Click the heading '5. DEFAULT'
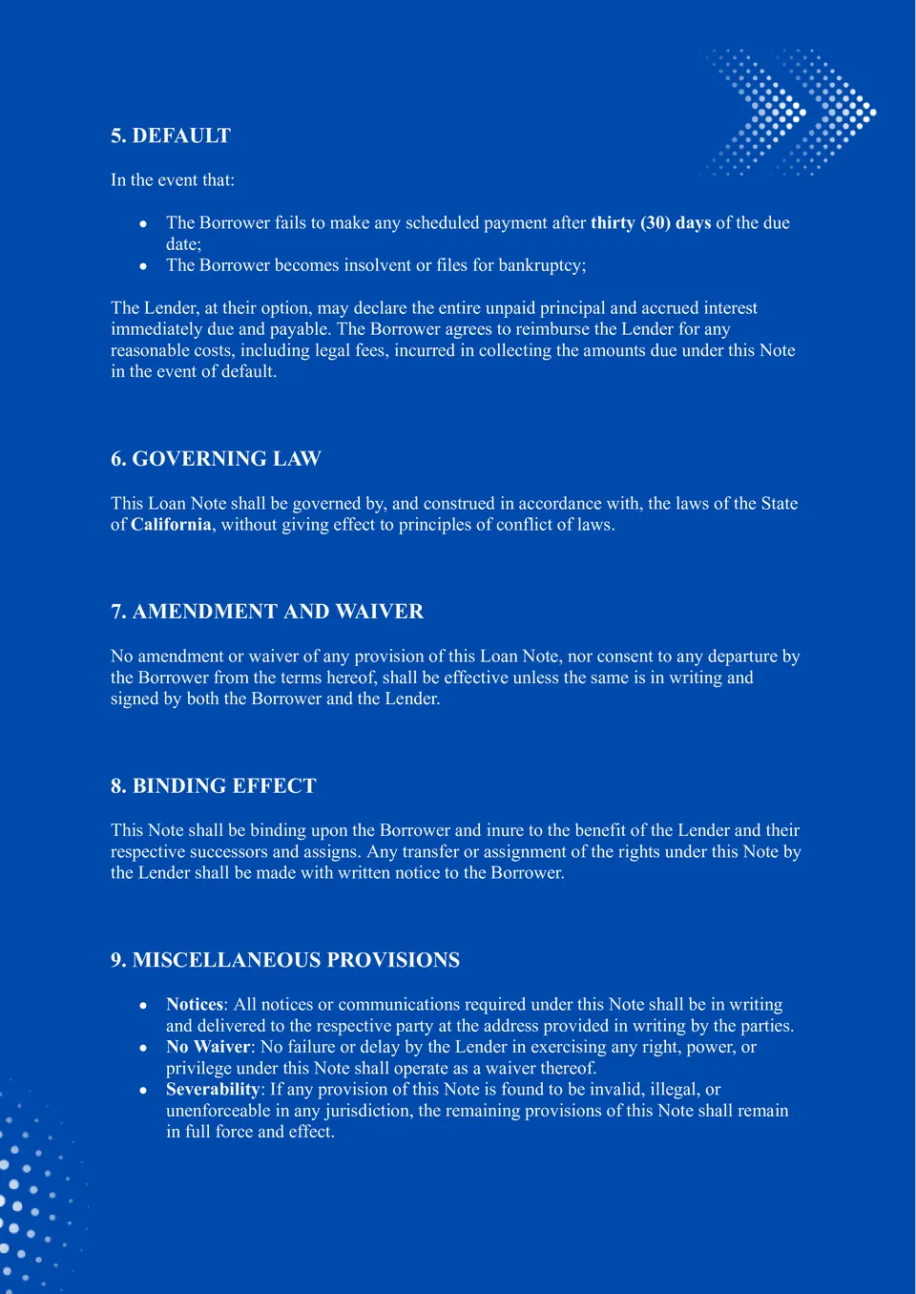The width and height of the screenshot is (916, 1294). point(171,136)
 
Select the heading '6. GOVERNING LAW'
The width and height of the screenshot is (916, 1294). point(216,459)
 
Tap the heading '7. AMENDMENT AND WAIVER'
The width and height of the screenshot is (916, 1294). point(267,612)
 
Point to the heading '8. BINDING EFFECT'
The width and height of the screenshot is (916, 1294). point(213,786)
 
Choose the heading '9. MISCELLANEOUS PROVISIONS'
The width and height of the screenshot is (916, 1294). point(285,960)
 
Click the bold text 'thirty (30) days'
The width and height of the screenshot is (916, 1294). point(651,223)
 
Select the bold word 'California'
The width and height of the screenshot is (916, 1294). point(171,525)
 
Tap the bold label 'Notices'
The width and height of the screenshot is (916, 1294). point(195,1005)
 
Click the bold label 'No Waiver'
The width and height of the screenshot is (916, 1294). point(208,1047)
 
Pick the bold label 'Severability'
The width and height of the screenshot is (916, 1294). point(213,1090)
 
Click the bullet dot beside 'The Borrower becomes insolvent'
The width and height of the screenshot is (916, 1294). point(143,266)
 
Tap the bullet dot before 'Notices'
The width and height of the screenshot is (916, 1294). point(143,1006)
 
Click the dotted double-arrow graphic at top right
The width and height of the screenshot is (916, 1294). point(790,113)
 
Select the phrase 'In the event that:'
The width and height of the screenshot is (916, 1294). point(173,180)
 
